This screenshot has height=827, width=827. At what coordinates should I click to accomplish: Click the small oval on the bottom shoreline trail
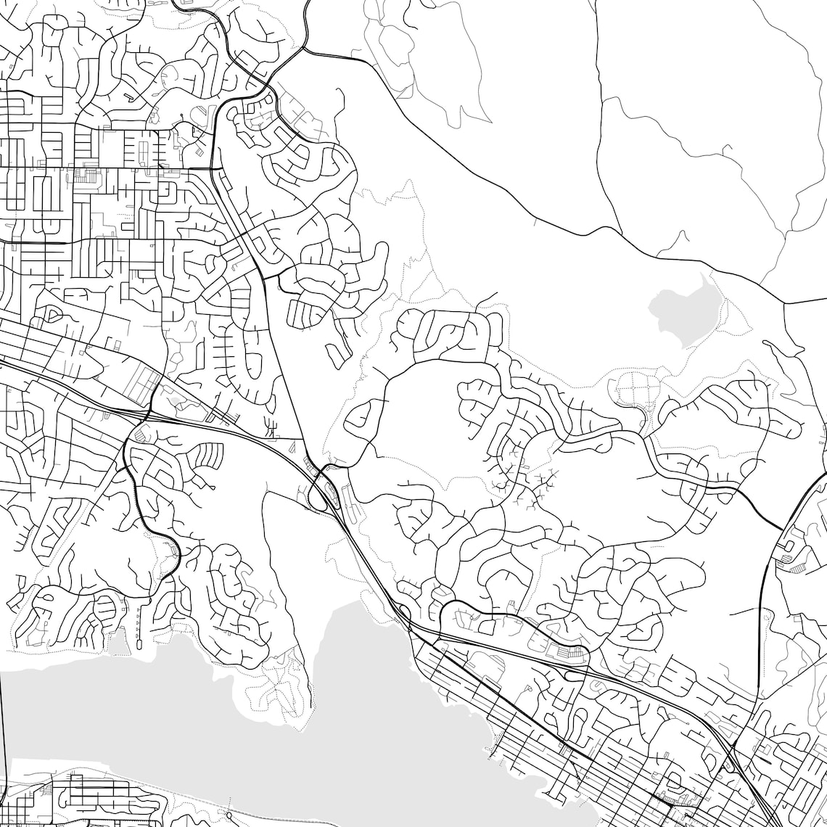(x=229, y=816)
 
